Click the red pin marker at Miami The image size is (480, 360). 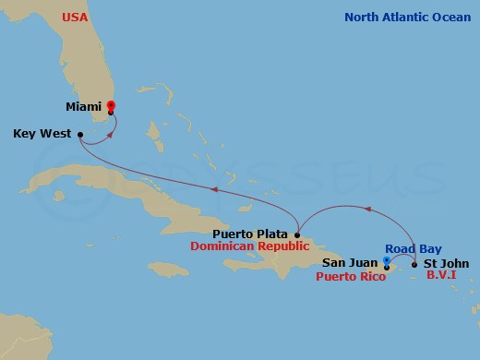point(111,106)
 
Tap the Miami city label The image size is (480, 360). point(85,107)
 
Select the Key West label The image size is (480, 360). point(42,133)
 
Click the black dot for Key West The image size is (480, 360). point(81,134)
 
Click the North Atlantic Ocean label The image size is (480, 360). point(407,18)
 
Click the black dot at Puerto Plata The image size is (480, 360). point(296,234)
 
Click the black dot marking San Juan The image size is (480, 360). point(386,268)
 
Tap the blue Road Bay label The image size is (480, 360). point(413,249)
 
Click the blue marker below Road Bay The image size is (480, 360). point(386,260)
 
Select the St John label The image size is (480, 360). point(444,264)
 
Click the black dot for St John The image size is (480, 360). point(414,265)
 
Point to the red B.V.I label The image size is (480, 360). point(444,276)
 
